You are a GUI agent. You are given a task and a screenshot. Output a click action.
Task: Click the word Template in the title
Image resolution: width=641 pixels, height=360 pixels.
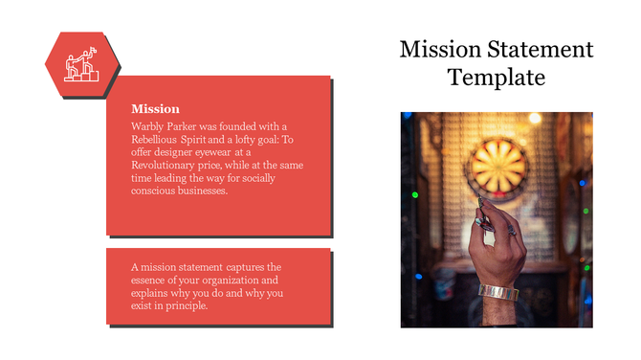[496, 78]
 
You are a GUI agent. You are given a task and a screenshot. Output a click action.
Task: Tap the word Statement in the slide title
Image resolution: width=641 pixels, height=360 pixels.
[528, 50]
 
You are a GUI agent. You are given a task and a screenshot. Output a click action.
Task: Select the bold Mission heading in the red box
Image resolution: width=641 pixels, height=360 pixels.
[155, 108]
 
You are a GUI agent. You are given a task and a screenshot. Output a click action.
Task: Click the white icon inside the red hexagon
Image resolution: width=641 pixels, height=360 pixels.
[81, 64]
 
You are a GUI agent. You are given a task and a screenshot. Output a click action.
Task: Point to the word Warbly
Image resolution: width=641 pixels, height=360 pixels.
[150, 125]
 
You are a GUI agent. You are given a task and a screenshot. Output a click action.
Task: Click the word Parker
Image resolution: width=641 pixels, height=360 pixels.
[191, 125]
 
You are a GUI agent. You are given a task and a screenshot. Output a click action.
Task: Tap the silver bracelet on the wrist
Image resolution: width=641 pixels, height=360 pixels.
[497, 291]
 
